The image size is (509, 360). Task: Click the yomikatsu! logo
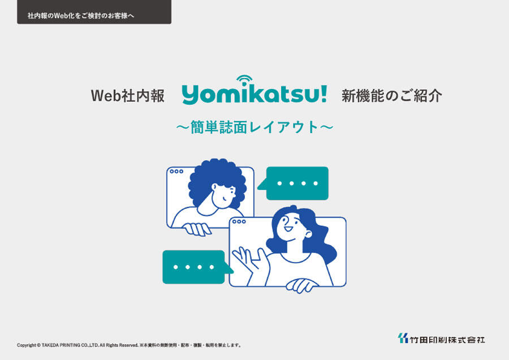click(254, 91)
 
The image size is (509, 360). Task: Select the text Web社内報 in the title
click(128, 96)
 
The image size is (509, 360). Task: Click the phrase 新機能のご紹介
click(391, 96)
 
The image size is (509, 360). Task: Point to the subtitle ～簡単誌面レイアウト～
click(255, 127)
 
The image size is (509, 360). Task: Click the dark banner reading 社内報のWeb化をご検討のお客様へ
click(94, 12)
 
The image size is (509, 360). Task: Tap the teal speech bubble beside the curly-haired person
click(293, 183)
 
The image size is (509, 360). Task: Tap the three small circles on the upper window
click(176, 172)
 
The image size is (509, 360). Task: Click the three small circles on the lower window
click(239, 221)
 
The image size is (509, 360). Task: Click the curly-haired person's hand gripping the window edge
click(197, 229)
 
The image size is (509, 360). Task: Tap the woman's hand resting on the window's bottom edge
click(302, 286)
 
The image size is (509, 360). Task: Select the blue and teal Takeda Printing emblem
click(403, 338)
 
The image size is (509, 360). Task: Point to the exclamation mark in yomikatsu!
click(323, 94)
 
